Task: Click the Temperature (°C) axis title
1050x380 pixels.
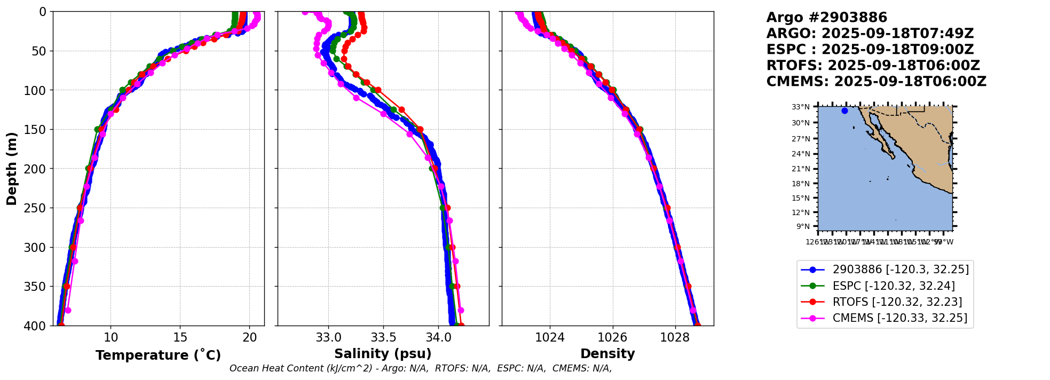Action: click(x=158, y=355)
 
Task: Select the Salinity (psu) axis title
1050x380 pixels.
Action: click(x=383, y=353)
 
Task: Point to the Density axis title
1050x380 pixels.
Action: click(x=607, y=353)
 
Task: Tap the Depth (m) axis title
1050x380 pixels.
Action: click(x=12, y=168)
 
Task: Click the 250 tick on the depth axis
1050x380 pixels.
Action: click(x=38, y=208)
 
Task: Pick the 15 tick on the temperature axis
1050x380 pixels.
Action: click(x=180, y=337)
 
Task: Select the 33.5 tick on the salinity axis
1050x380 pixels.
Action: click(x=383, y=337)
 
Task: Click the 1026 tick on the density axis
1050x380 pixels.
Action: click(x=612, y=337)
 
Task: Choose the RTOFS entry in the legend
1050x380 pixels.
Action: click(x=897, y=302)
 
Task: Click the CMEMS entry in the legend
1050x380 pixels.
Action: click(x=899, y=318)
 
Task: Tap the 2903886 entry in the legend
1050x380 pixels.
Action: click(x=901, y=270)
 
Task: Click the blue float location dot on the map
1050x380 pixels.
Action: click(x=844, y=110)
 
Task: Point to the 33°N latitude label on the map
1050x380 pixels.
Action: click(x=801, y=107)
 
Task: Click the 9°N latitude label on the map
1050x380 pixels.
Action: click(x=803, y=226)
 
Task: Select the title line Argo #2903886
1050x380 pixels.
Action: click(x=826, y=18)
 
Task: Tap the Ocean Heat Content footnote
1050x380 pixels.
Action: click(x=421, y=368)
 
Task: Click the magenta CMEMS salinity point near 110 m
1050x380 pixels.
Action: click(x=357, y=98)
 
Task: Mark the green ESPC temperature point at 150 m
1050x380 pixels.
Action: click(x=97, y=129)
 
